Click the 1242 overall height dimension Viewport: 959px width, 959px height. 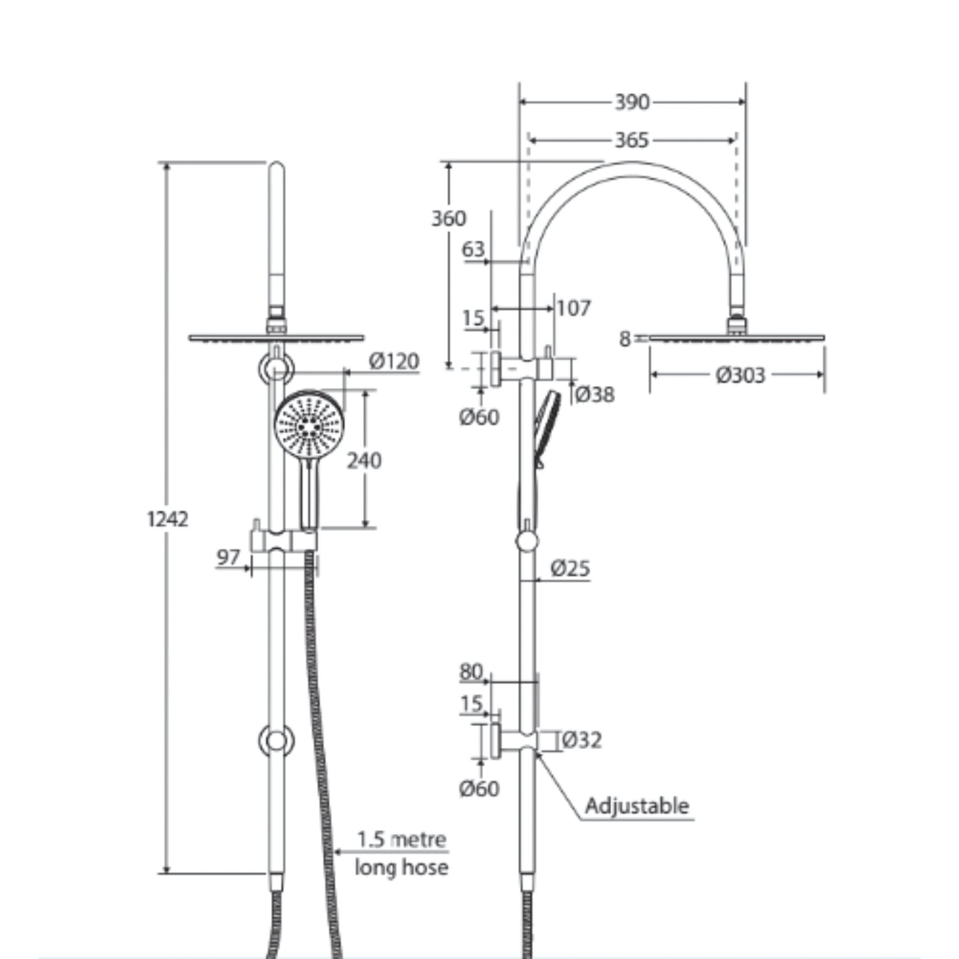(168, 519)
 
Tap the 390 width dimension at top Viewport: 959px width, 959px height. (632, 102)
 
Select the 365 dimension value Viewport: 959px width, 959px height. (632, 140)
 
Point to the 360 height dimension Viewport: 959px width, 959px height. (448, 218)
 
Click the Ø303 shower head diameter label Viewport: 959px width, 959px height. (740, 375)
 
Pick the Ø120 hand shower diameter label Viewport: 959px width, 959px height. (394, 361)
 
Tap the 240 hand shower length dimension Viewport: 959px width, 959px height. (364, 461)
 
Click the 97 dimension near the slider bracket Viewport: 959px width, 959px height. (229, 558)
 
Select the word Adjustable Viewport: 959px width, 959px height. (637, 805)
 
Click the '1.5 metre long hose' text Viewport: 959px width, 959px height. (402, 853)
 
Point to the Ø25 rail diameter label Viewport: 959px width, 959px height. (570, 568)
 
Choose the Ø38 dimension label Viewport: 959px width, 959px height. (595, 395)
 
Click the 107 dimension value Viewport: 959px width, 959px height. (573, 308)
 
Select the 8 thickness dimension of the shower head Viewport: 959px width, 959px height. (625, 339)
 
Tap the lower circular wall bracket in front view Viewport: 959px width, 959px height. (276, 741)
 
